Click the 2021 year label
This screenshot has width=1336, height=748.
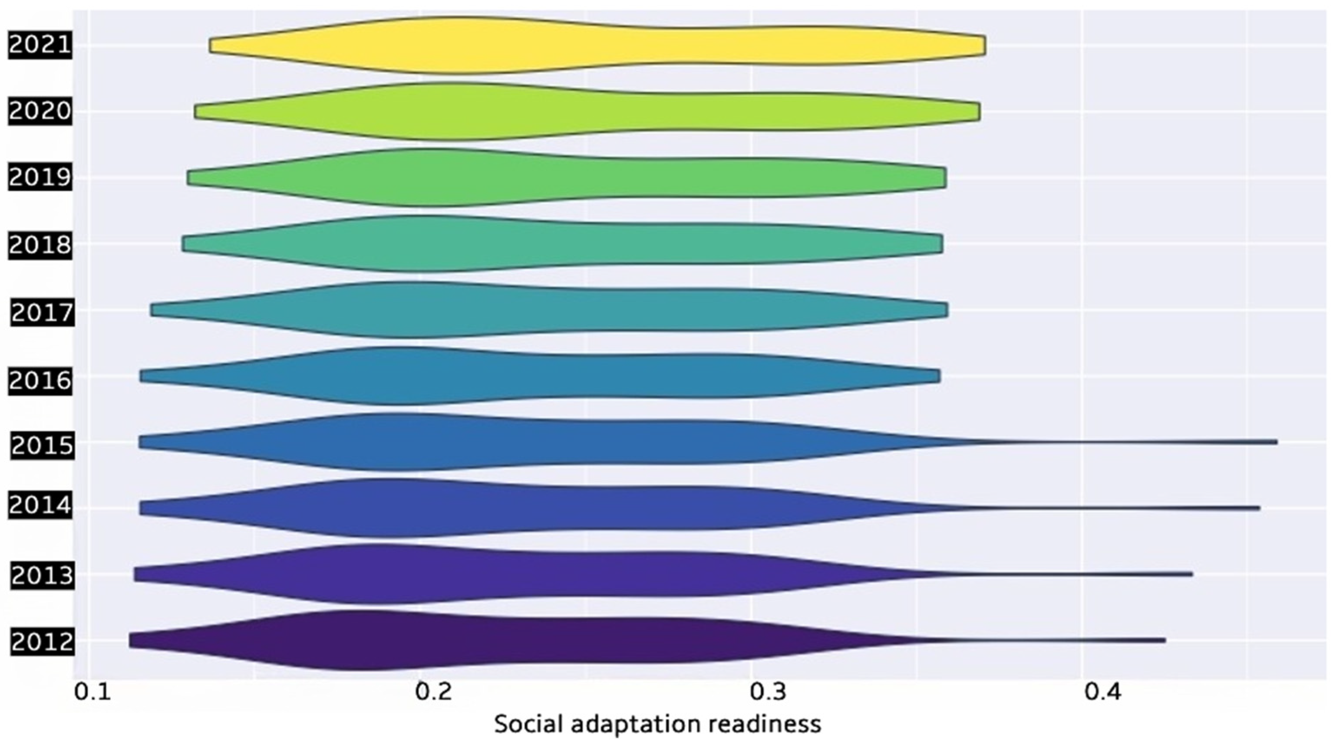[x=40, y=45]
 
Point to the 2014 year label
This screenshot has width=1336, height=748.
[x=40, y=506]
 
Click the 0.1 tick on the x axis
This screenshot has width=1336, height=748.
[x=93, y=692]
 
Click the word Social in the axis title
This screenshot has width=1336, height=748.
[x=528, y=724]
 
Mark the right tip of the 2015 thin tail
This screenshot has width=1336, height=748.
[x=1276, y=442]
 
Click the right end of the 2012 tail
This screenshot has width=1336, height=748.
[x=1164, y=640]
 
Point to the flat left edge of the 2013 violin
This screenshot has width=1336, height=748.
[x=135, y=574]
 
